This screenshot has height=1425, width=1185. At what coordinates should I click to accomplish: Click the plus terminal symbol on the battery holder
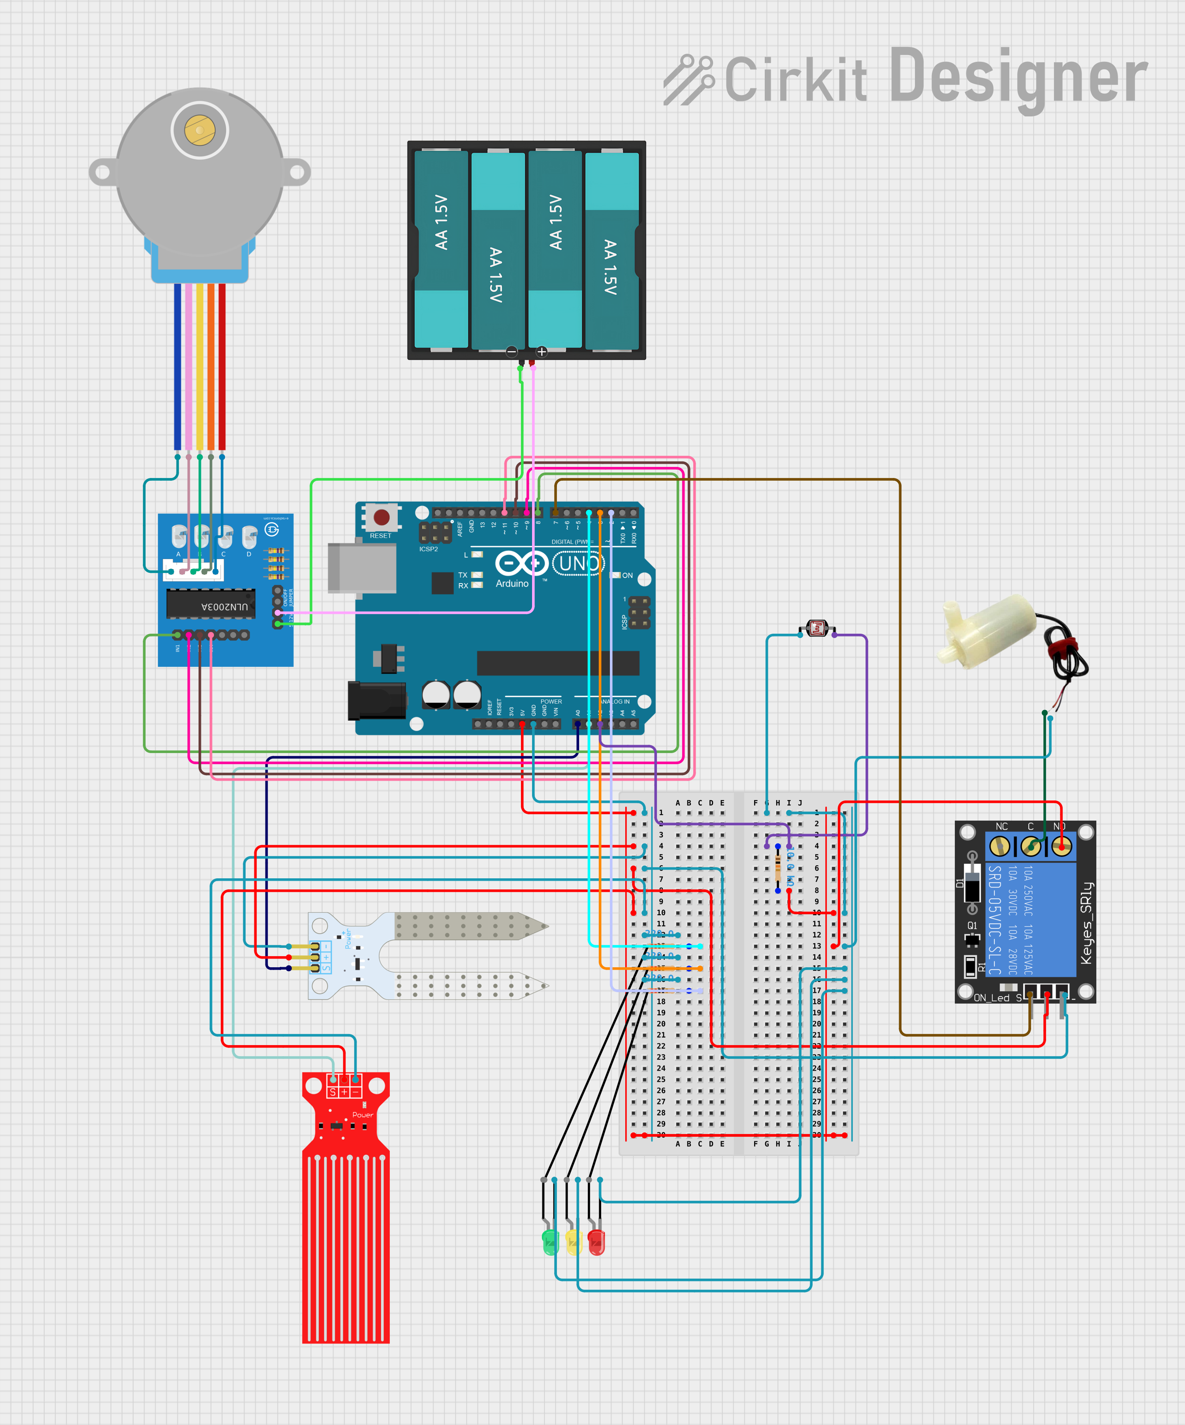point(541,352)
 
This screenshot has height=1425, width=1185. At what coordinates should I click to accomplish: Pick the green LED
point(550,1242)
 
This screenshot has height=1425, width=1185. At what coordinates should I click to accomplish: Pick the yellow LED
point(573,1242)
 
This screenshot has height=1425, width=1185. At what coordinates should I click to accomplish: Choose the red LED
point(596,1242)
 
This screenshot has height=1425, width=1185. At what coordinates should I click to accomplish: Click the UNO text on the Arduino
point(578,563)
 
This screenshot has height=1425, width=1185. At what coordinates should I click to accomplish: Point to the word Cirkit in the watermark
point(795,80)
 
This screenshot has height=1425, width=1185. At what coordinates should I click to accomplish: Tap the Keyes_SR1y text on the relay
point(1087,923)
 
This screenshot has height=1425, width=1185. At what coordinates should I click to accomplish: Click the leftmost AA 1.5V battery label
point(442,222)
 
